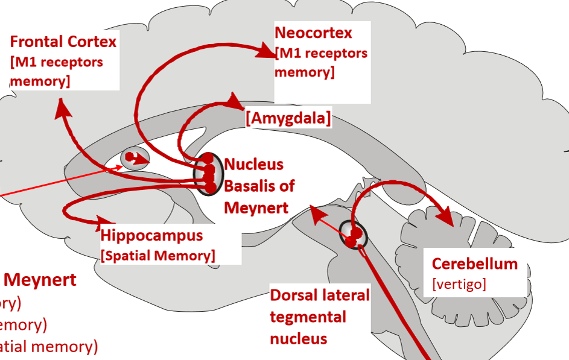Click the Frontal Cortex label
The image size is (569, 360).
tap(63, 42)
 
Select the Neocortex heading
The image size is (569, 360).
tap(313, 32)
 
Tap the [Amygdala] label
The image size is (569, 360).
tap(288, 118)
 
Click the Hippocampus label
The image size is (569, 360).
tap(151, 235)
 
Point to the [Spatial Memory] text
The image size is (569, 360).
tap(158, 255)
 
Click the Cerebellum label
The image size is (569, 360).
tap(474, 264)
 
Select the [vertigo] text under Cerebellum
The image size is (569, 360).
tap(459, 283)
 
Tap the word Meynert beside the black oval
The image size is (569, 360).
tap(256, 207)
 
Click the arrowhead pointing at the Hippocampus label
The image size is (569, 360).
tap(98, 224)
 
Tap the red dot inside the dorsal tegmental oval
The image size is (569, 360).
tap(356, 233)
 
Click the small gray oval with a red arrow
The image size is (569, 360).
tap(134, 159)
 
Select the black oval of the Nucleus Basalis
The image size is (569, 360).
tap(205, 174)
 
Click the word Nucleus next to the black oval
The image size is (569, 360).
tap(253, 164)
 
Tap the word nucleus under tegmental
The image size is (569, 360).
tap(298, 338)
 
